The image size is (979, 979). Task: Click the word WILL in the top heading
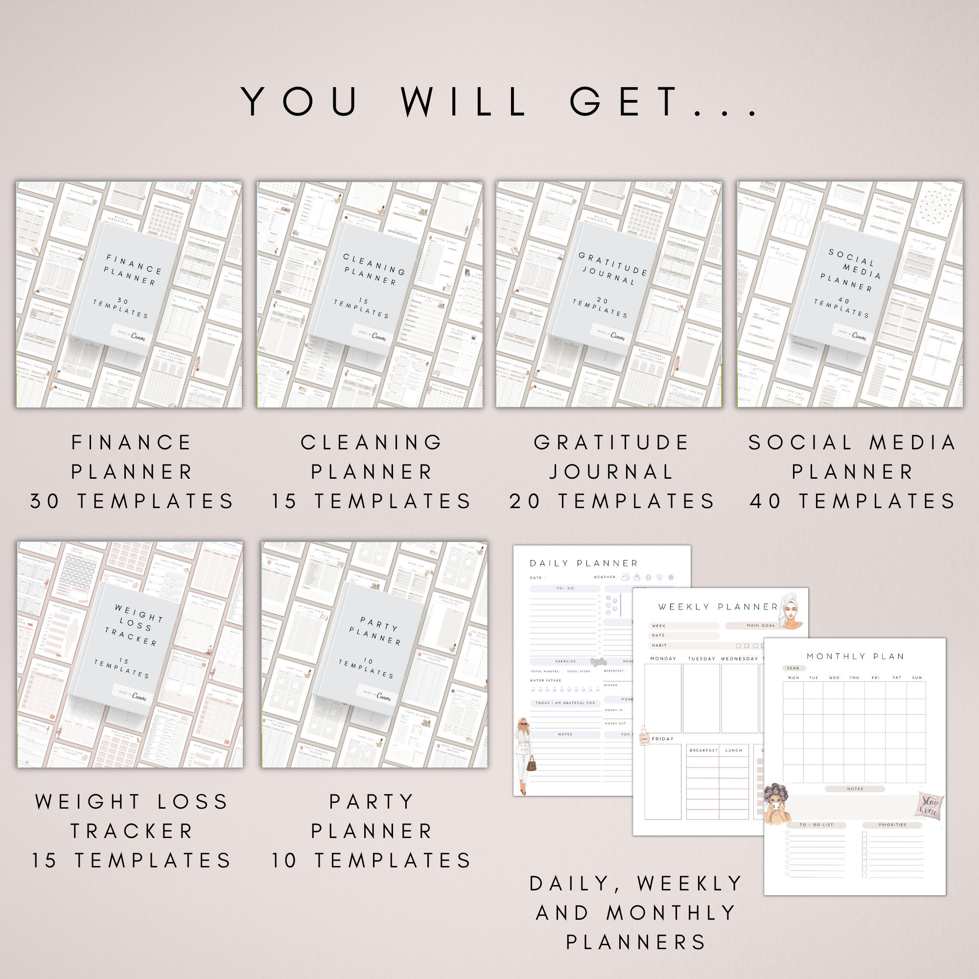tap(464, 101)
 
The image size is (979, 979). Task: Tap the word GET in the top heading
tap(624, 101)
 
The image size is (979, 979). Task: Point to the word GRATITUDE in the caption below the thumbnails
tap(611, 443)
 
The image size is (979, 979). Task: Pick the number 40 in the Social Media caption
tap(766, 501)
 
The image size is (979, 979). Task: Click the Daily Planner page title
tap(584, 563)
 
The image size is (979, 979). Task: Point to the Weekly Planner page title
tap(718, 606)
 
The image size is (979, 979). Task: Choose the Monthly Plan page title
tap(855, 656)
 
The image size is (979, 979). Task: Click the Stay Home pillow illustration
tap(930, 805)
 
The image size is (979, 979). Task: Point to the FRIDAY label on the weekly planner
tap(662, 739)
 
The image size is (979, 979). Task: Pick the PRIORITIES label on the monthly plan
tap(892, 825)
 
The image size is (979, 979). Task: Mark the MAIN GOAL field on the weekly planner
tap(760, 625)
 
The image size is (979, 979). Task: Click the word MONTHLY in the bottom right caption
tap(672, 912)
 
